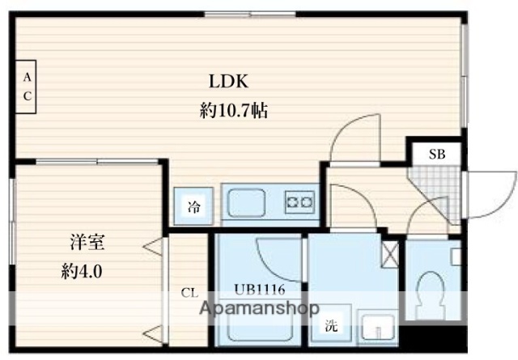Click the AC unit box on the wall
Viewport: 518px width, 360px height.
27,87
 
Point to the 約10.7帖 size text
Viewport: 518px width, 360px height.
234,111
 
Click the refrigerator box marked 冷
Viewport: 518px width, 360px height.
195,205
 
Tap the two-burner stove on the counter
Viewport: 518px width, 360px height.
299,201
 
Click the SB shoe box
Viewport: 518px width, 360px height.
435,154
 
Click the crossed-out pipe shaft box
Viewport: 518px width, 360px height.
390,256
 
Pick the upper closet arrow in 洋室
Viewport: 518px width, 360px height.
151,246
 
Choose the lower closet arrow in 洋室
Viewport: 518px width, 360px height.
151,332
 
